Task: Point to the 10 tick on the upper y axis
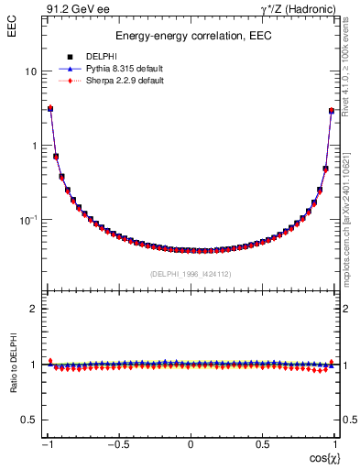coord(31,71)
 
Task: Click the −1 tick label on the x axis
coord(49,444)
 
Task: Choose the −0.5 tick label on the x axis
coord(119,444)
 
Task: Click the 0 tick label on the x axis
coord(191,444)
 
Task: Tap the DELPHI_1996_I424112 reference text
coord(191,274)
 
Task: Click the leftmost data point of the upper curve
coord(50,109)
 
